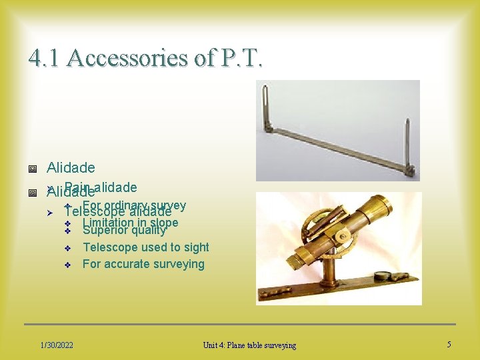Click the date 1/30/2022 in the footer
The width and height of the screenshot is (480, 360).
57,345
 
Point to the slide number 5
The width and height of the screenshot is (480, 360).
449,344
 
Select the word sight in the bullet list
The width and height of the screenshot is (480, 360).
195,247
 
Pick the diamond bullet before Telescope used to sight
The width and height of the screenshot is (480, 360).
67,248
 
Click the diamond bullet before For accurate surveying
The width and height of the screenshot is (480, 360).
67,265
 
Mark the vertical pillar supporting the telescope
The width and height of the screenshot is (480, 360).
329,270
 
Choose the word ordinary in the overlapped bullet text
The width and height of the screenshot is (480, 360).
125,205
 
